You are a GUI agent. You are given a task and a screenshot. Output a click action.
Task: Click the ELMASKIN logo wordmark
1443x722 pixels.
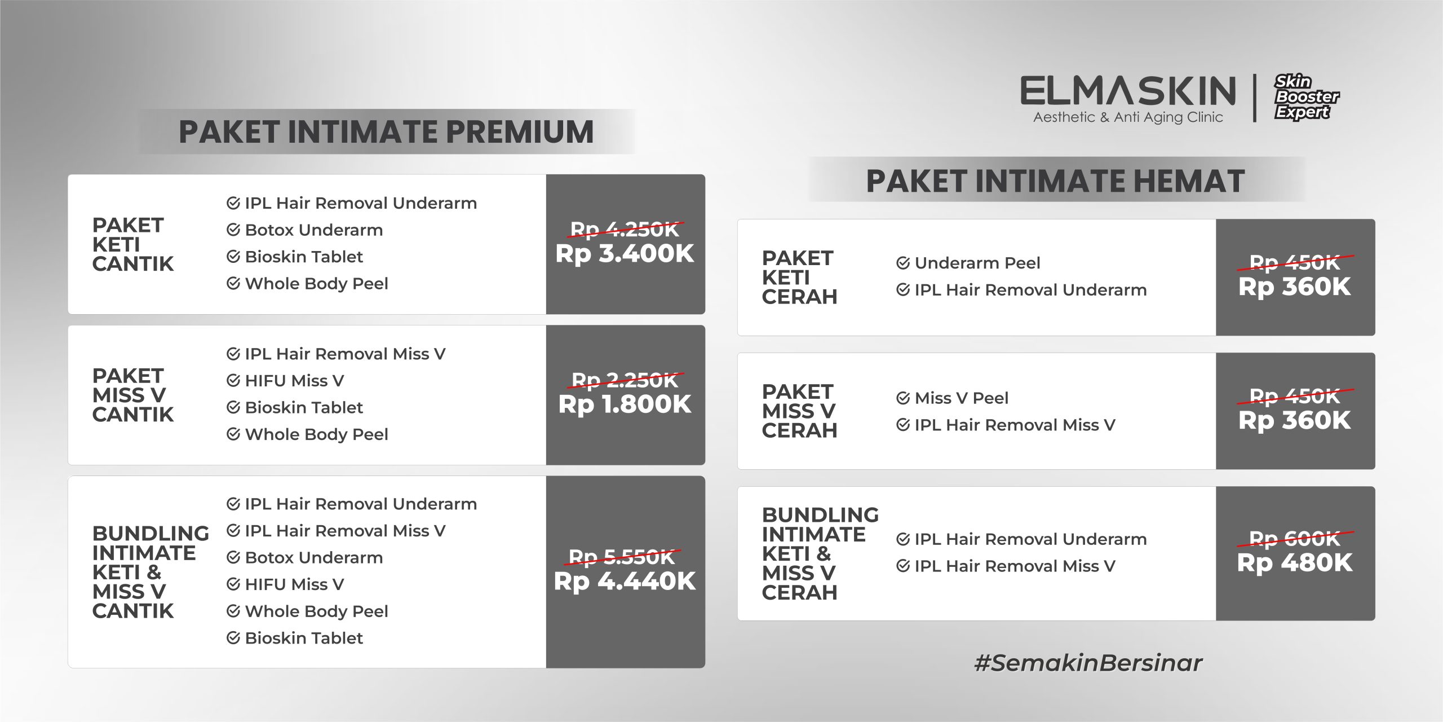coord(1128,91)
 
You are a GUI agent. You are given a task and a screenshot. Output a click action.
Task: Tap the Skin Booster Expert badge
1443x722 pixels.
coord(1307,97)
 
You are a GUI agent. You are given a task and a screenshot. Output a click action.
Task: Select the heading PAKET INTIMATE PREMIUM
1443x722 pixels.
coord(386,132)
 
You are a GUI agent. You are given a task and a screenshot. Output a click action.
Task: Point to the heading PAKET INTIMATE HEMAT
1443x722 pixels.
coord(1055,181)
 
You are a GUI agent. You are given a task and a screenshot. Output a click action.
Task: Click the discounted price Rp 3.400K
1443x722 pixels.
coord(625,253)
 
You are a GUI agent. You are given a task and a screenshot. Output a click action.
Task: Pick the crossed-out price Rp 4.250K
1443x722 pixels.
coord(625,229)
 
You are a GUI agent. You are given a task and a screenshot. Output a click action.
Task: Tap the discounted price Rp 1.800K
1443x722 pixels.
coord(625,404)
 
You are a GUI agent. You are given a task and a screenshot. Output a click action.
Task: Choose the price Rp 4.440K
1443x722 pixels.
coord(625,581)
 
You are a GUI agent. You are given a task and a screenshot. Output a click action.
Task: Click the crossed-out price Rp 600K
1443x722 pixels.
coord(1295,539)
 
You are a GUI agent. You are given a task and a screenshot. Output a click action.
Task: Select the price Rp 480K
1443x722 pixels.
coord(1295,562)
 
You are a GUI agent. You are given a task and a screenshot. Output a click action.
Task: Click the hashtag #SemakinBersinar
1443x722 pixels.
coord(1088,663)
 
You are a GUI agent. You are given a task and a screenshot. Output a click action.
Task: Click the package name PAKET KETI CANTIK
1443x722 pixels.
coord(133,244)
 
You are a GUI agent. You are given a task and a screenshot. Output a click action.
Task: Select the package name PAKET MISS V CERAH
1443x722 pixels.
coord(799,411)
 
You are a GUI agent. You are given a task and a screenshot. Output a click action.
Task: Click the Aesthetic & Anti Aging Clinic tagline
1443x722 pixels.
coord(1128,117)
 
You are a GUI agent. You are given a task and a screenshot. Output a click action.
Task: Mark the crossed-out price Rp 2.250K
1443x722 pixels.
coord(625,380)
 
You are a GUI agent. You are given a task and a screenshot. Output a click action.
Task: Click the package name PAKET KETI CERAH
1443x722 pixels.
coord(799,277)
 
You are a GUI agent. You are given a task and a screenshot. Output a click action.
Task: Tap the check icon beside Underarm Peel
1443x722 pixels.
coord(903,263)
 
